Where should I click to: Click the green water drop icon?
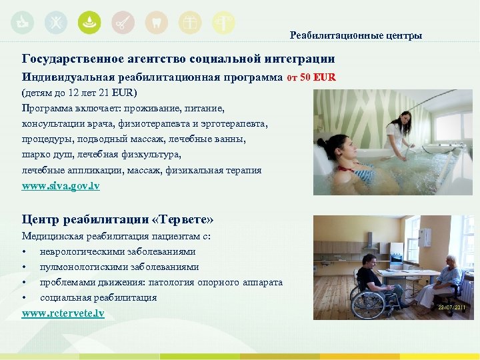89,23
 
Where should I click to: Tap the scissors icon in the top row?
123,23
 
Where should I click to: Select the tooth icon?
156,23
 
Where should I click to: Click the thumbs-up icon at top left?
23,23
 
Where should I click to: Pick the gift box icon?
190,23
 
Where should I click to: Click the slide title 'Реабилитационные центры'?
355,35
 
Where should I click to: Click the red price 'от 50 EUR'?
311,77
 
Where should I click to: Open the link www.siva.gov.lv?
61,186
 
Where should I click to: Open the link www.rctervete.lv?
63,313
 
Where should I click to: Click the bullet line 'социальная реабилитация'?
99,297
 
